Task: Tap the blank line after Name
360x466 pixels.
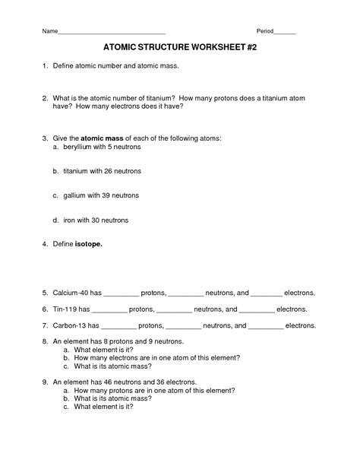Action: coord(112,33)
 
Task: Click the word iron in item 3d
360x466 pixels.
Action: coord(70,220)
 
